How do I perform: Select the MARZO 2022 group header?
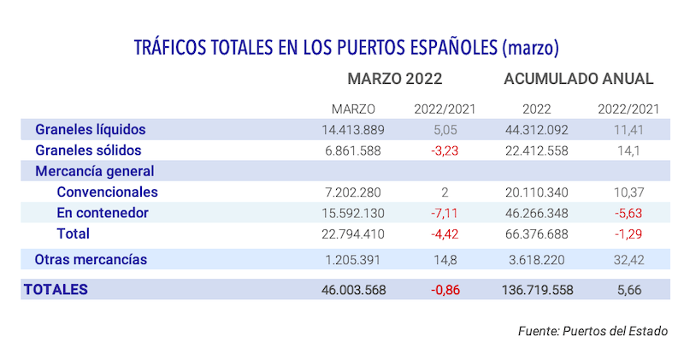coord(394,79)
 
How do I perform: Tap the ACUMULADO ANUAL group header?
coord(579,79)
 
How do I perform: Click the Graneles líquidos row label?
coord(90,130)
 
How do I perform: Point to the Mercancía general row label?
coord(94,171)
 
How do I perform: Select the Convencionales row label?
coord(107,192)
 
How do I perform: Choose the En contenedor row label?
coord(103,213)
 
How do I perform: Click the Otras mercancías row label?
coord(90,259)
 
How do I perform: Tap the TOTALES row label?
coord(56,290)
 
